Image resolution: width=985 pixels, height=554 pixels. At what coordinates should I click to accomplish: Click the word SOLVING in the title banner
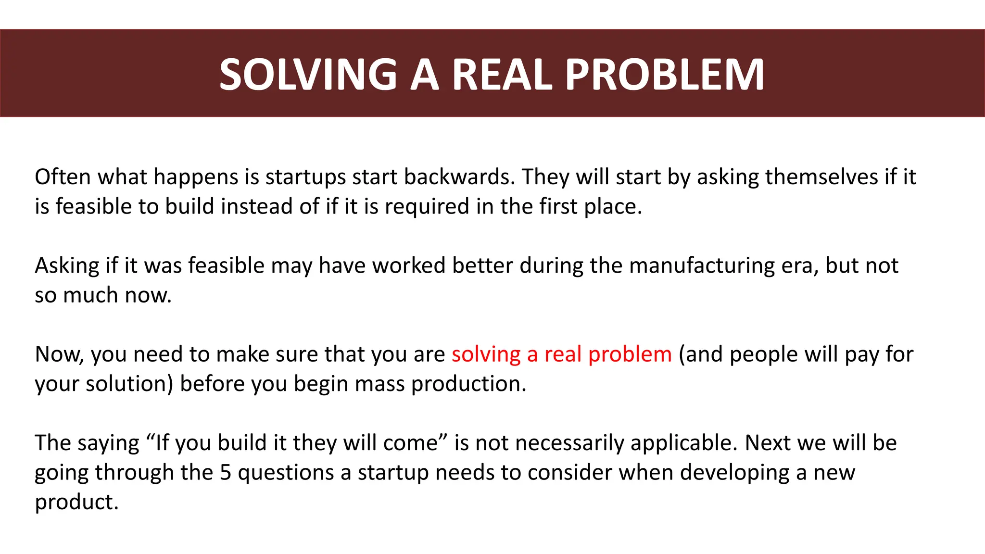point(308,75)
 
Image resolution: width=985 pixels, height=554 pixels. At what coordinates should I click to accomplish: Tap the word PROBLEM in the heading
point(664,75)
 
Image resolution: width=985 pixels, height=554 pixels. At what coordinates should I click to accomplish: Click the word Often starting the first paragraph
point(63,177)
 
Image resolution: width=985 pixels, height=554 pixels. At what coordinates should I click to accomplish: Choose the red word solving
point(486,355)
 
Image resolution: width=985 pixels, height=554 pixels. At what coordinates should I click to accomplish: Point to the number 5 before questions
point(226,473)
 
